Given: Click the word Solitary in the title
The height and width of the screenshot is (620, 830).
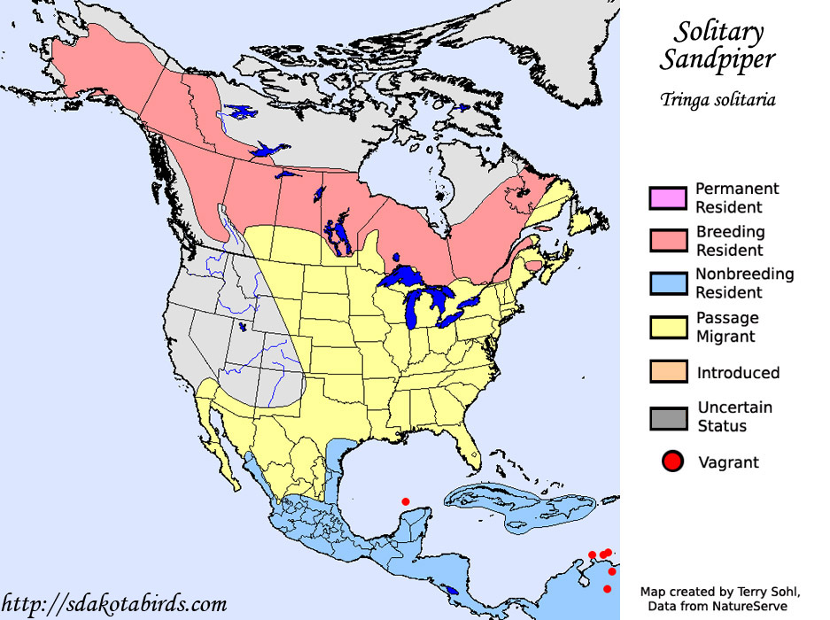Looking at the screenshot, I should point(718,32).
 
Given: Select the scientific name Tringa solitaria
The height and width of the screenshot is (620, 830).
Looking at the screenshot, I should point(718,99).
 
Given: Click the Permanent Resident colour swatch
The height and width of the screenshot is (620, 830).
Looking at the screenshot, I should point(668,198).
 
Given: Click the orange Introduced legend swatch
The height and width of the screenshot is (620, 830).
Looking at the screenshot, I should point(668,372).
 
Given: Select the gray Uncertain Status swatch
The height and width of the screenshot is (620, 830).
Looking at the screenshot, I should point(668,416).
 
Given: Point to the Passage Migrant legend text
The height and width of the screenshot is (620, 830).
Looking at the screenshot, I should point(726,327).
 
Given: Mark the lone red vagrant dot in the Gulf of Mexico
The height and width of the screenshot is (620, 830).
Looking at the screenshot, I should point(406,501).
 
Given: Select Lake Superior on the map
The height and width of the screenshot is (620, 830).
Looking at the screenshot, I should point(407,277).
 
